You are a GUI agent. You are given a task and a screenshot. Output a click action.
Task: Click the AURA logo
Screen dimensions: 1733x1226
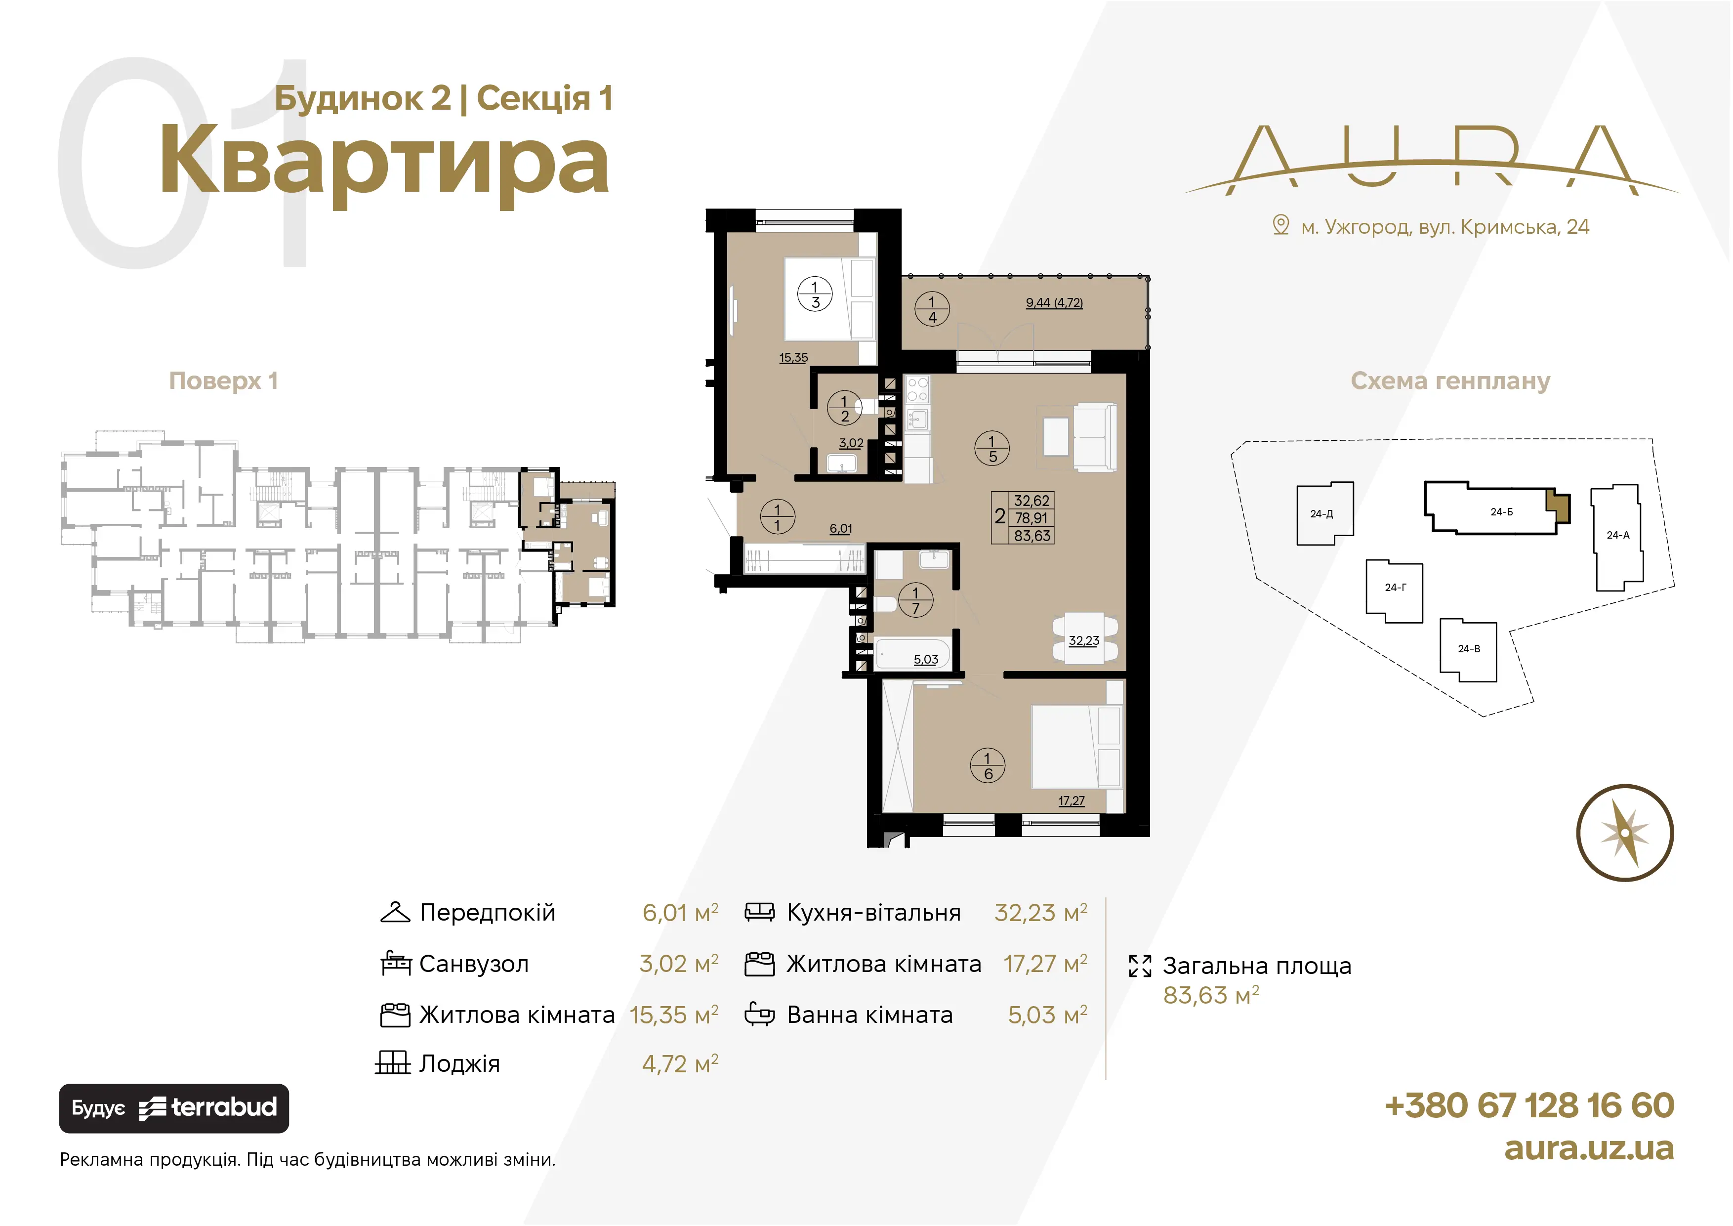1431,160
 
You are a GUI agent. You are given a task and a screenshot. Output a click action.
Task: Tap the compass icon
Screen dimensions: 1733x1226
1625,833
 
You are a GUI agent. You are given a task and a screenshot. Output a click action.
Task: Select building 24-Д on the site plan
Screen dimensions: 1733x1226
1324,513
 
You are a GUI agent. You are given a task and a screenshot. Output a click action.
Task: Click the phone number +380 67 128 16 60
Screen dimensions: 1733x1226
1529,1105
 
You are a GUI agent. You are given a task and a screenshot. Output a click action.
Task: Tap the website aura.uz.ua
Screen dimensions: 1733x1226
1589,1148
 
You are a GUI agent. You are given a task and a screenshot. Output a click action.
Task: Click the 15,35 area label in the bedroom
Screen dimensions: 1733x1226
793,358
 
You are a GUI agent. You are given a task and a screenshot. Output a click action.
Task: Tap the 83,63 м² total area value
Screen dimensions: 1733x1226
1211,996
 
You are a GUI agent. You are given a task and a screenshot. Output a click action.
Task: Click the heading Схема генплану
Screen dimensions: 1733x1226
1450,381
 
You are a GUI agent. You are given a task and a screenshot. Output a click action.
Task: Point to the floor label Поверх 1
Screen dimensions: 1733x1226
223,380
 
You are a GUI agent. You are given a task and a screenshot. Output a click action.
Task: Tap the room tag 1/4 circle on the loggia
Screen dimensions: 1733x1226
932,309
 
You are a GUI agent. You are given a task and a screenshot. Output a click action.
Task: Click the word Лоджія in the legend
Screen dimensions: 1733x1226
459,1064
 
